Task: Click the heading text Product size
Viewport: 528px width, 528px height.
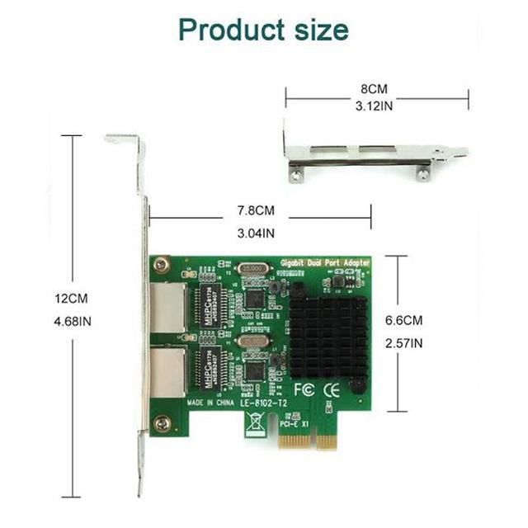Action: [x=263, y=31]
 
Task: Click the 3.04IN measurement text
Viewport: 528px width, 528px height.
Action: [x=256, y=233]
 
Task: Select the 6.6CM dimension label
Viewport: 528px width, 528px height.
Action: [x=403, y=320]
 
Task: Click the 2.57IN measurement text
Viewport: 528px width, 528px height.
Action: [x=403, y=342]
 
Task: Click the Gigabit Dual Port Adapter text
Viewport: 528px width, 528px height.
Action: [x=327, y=262]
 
